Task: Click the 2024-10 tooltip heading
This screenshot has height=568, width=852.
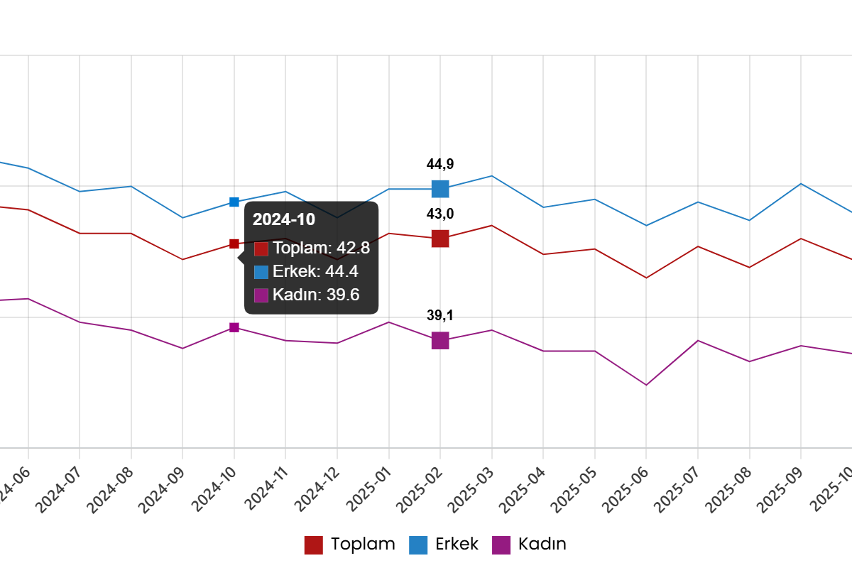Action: [x=284, y=220]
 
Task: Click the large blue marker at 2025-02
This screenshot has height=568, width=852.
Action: [x=440, y=189]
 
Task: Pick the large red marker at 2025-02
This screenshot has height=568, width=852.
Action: [x=440, y=239]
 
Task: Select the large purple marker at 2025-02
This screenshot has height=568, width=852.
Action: [x=440, y=341]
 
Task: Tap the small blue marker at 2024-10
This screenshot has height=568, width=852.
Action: [x=234, y=202]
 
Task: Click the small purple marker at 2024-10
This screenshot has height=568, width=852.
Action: [x=234, y=327]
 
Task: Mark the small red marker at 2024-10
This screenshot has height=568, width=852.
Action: [x=234, y=244]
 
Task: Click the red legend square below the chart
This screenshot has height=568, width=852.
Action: [x=313, y=545]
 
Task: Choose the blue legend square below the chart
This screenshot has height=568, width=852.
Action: [x=418, y=545]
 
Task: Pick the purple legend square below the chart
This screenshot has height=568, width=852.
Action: [x=501, y=545]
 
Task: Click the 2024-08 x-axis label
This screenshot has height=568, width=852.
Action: [x=110, y=490]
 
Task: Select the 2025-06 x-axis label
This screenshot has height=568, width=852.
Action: [x=626, y=490]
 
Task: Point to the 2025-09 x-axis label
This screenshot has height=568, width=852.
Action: [x=780, y=490]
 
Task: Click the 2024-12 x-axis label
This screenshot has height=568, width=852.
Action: [x=317, y=490]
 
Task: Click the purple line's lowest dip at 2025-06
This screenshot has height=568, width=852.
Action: [x=646, y=385]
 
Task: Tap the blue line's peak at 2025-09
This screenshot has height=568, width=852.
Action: [x=801, y=184]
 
